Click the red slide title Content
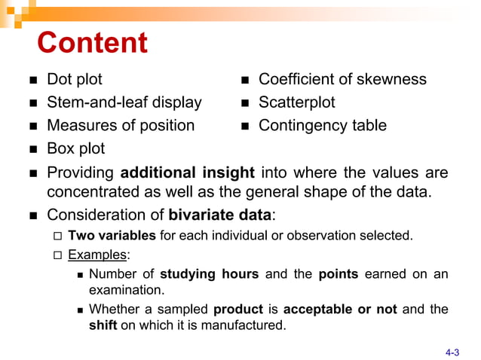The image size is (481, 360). click(x=93, y=43)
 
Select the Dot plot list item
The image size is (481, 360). click(x=75, y=79)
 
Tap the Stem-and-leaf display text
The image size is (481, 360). click(x=124, y=102)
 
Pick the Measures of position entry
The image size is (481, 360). click(x=121, y=125)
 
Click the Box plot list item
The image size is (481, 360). click(x=75, y=148)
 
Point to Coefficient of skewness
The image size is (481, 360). click(x=342, y=79)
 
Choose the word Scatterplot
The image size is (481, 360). click(x=297, y=102)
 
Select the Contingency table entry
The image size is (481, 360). click(x=323, y=125)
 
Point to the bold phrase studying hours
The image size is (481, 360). click(x=210, y=274)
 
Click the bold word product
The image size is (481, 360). click(x=238, y=310)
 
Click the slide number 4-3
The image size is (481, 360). click(x=452, y=350)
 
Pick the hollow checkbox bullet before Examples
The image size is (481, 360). click(x=58, y=255)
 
